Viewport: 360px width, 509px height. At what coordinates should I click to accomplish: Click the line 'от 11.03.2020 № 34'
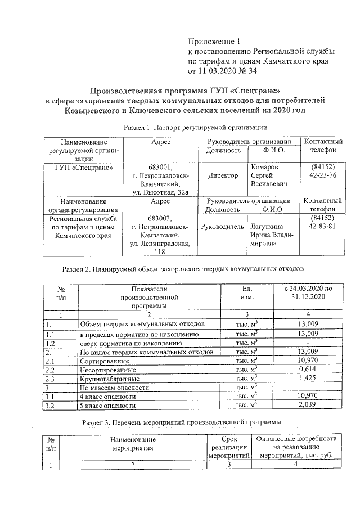click(221, 71)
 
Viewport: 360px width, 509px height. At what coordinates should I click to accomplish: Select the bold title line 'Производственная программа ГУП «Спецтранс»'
click(184, 91)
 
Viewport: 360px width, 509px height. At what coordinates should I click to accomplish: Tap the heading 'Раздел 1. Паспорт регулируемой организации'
click(193, 127)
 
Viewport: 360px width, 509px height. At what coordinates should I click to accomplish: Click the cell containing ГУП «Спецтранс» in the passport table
click(80, 167)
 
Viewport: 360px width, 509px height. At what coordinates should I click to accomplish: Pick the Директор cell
click(223, 175)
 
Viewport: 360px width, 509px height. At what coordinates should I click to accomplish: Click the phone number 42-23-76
click(323, 175)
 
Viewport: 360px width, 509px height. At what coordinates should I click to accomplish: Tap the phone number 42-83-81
click(323, 227)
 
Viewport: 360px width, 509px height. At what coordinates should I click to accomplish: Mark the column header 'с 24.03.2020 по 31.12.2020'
click(309, 292)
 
